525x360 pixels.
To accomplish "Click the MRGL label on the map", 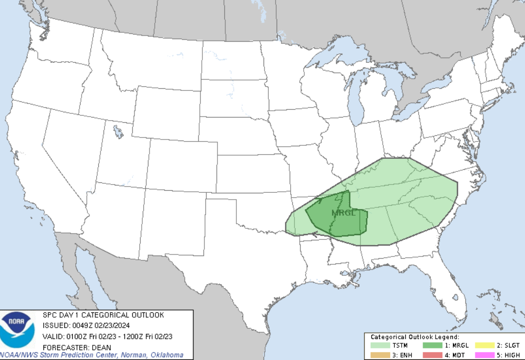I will (x=343, y=213).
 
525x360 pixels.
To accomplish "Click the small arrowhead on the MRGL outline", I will (x=319, y=199).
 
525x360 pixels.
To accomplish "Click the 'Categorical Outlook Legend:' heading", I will (x=415, y=337).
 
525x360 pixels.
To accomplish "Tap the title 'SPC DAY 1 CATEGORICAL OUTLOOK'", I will (x=103, y=315).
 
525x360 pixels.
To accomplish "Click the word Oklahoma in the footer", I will (x=166, y=355).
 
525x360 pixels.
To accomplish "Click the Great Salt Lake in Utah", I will (x=119, y=131).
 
